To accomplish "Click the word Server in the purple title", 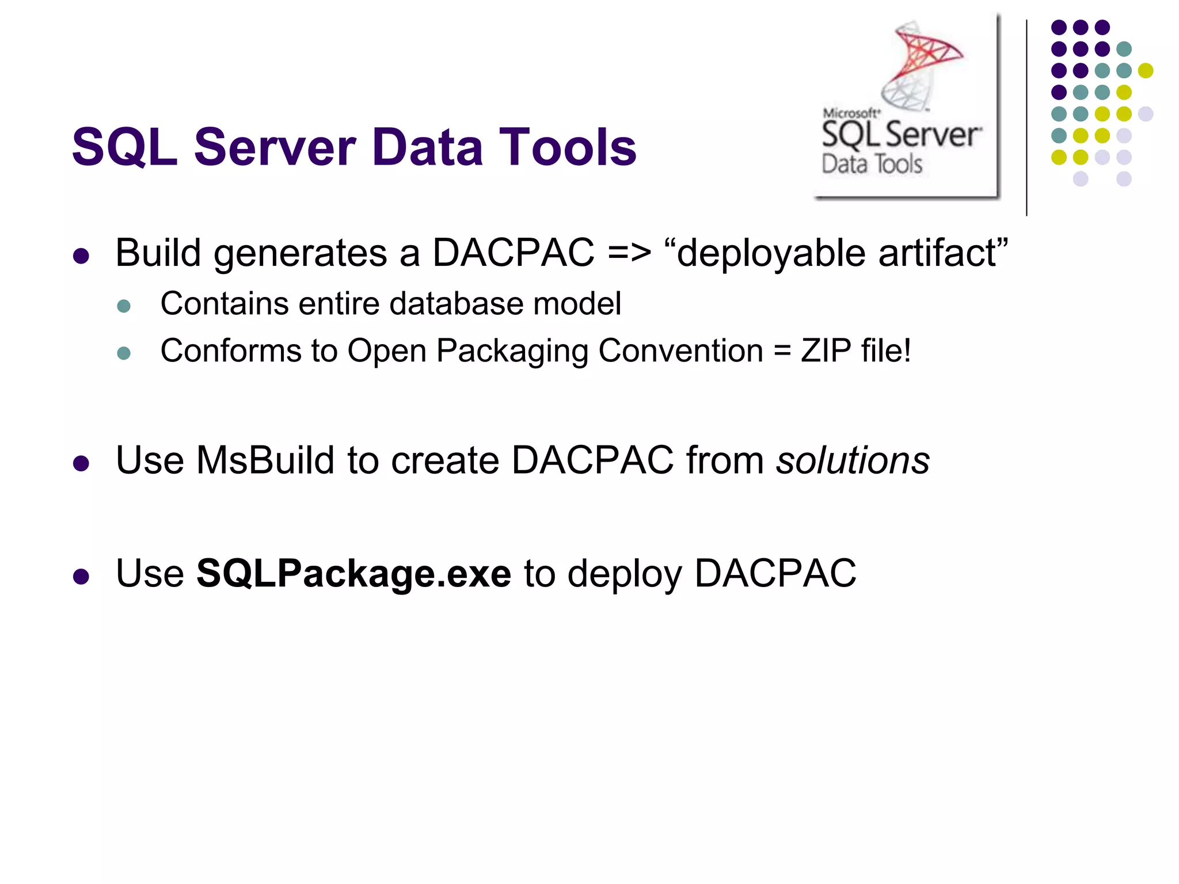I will coord(275,147).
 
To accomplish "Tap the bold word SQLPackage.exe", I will coord(353,573).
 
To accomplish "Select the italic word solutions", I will coord(853,460).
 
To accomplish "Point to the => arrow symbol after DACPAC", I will coord(629,253).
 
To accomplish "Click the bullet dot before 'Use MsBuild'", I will coord(81,463).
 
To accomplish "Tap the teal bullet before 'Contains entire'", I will coord(124,306).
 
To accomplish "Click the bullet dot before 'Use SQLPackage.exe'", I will coord(81,576).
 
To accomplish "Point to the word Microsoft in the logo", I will coord(850,113).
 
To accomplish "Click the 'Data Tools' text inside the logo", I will coord(872,164).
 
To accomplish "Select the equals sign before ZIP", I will coord(782,351).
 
